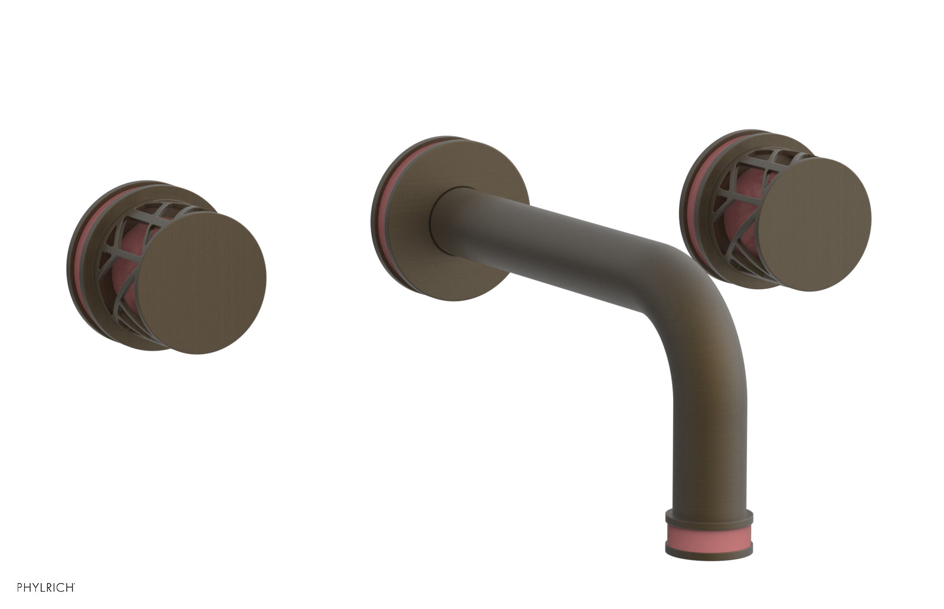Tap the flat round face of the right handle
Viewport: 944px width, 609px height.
(x=814, y=224)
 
